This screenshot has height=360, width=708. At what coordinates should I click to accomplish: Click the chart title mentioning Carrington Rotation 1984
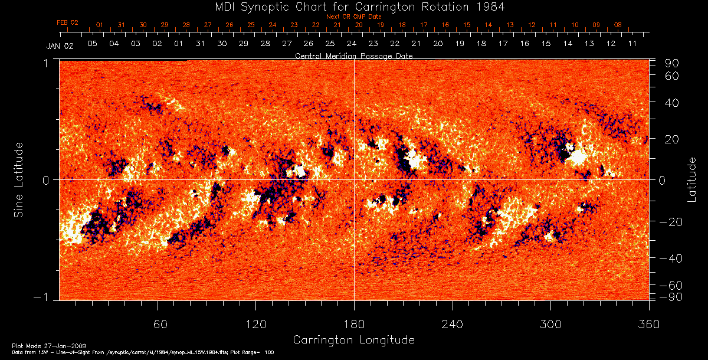tap(354, 7)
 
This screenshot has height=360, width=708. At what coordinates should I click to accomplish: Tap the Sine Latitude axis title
tap(19, 179)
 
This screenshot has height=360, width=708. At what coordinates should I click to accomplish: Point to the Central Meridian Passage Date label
tap(353, 55)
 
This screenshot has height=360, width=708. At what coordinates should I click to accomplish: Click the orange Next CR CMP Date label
tap(353, 17)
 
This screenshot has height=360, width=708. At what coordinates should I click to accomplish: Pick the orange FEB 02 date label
tap(67, 22)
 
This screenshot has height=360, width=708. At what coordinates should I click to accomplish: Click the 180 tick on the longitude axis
tap(354, 324)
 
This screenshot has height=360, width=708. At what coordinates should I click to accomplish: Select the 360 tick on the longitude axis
tap(648, 324)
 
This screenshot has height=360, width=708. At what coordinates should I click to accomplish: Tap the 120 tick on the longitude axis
tap(256, 324)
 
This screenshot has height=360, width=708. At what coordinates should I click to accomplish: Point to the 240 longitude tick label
tap(452, 324)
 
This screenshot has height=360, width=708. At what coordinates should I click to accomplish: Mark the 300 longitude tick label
tap(550, 324)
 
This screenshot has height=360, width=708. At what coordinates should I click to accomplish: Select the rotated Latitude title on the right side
tap(691, 179)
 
